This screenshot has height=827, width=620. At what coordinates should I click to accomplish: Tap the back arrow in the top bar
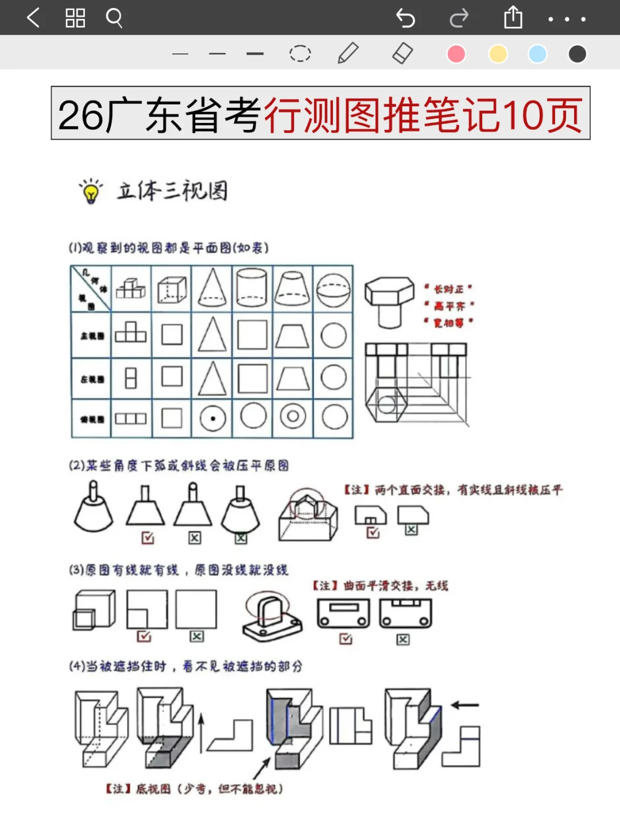(33, 18)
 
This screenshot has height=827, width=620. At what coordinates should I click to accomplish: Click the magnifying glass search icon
(114, 18)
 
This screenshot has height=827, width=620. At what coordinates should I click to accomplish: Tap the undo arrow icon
(405, 18)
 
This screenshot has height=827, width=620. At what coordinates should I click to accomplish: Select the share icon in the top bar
(513, 17)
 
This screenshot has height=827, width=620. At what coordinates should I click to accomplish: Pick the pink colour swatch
(456, 54)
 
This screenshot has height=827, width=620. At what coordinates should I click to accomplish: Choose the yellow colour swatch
(498, 54)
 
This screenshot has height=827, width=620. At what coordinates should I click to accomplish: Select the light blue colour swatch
(537, 54)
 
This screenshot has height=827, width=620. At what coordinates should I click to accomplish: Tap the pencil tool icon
(348, 53)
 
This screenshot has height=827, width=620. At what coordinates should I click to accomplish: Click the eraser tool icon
(402, 53)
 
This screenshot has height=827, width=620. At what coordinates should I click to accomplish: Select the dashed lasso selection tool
(300, 53)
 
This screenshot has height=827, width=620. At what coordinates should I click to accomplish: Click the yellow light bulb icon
(91, 192)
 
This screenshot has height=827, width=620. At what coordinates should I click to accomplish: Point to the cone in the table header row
(212, 288)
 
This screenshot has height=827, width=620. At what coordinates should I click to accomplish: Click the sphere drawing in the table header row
(334, 289)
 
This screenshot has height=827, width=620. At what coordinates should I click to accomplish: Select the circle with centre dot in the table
(212, 418)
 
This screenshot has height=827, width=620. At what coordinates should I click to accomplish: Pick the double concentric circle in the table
(293, 417)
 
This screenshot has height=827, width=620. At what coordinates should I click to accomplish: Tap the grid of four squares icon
(75, 18)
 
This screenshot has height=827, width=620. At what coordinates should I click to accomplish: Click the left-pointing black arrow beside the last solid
(465, 705)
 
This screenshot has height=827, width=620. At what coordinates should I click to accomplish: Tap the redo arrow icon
(459, 18)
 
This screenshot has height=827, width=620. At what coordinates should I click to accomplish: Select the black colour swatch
(577, 54)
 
